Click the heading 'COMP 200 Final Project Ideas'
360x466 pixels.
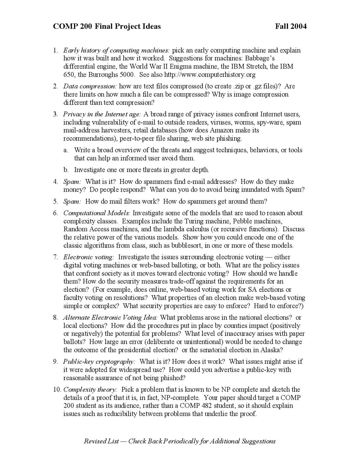click(x=107, y=26)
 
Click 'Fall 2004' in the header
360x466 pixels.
click(x=291, y=26)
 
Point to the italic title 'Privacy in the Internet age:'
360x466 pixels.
click(x=102, y=114)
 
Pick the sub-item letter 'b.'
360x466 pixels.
click(x=66, y=170)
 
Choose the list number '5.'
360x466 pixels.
click(x=55, y=201)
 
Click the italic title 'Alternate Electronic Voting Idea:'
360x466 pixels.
click(x=110, y=318)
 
